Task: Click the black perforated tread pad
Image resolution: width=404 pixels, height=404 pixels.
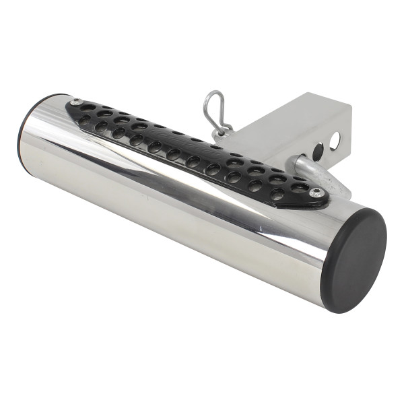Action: tap(195, 151)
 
